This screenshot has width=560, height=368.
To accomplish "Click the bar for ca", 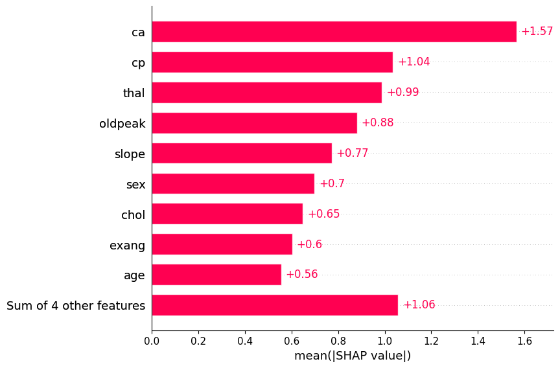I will (334, 32).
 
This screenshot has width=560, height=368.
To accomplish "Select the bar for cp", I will (272, 62).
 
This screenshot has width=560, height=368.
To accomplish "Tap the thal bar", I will (266, 93).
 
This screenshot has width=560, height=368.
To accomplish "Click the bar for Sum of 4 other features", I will (275, 305).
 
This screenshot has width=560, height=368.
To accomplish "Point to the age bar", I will (216, 275).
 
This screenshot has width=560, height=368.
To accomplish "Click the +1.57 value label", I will (537, 32).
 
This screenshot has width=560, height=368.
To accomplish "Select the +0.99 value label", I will (402, 93).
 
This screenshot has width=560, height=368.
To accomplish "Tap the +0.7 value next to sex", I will (332, 184).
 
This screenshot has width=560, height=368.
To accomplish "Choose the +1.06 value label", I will (419, 305).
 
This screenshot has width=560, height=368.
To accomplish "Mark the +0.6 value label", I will (309, 245).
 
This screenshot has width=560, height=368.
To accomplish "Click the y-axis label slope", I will (130, 154).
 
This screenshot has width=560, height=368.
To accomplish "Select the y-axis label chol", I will (133, 215).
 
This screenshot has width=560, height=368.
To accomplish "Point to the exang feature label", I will (127, 246).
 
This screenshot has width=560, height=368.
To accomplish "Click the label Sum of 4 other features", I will (76, 306).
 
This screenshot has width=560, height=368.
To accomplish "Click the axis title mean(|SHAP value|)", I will (353, 356).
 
